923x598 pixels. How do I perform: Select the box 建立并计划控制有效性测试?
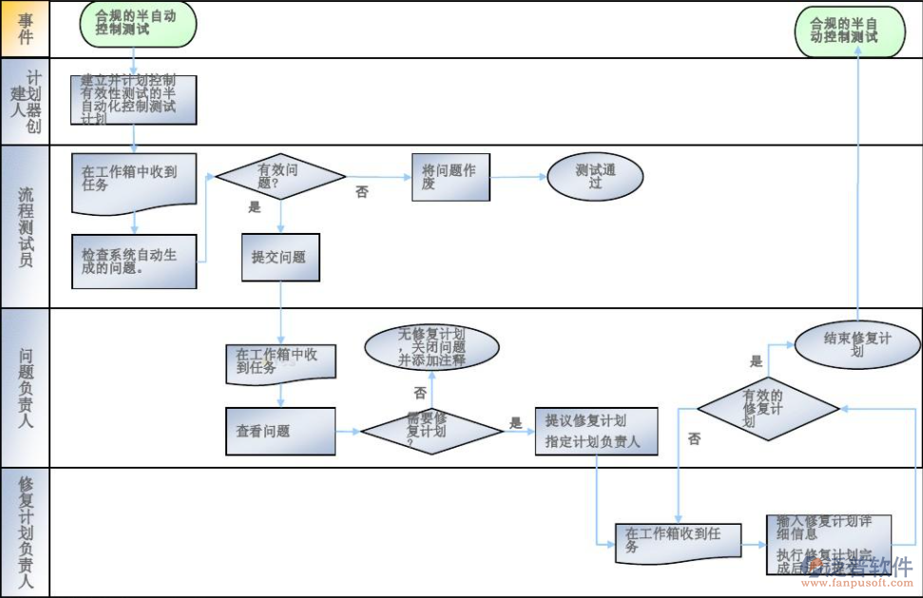click(133, 100)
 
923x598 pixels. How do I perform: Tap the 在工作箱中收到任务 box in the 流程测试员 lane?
click(134, 182)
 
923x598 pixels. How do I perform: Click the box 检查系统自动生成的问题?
click(134, 260)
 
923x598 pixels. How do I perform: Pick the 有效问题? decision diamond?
click(280, 176)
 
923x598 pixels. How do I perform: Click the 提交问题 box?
click(280, 257)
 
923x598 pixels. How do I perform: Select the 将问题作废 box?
click(451, 176)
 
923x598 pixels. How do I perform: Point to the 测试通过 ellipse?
click(595, 176)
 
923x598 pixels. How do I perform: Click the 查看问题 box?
click(280, 431)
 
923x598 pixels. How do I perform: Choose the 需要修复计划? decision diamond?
click(432, 431)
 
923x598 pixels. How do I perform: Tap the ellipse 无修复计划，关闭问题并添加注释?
click(432, 347)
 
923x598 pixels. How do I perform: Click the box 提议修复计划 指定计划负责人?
click(596, 432)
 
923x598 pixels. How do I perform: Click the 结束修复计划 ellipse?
click(856, 343)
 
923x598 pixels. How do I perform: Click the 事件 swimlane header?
click(25, 29)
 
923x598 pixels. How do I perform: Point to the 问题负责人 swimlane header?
click(25, 387)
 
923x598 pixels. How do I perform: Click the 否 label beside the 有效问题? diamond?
click(362, 192)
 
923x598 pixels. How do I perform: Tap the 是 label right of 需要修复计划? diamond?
click(516, 423)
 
